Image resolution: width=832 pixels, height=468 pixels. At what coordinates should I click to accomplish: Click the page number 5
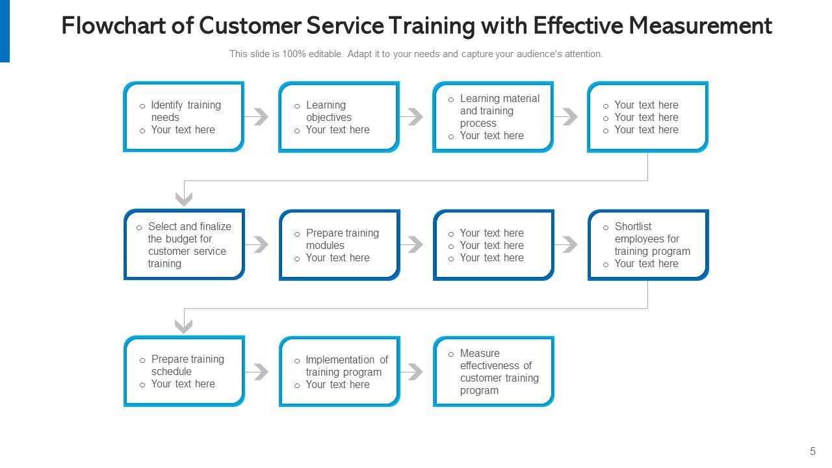(x=812, y=452)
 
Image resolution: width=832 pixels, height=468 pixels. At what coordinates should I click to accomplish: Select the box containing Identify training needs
(x=183, y=117)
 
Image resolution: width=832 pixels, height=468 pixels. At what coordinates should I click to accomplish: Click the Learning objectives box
(x=338, y=117)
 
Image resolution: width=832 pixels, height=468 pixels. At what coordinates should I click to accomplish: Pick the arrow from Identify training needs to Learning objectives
(x=258, y=117)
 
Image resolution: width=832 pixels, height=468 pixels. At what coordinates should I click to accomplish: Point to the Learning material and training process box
(x=493, y=117)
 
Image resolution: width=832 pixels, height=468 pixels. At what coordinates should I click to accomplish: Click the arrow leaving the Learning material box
(x=567, y=117)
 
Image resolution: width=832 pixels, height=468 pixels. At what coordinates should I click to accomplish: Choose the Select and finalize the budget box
(x=184, y=244)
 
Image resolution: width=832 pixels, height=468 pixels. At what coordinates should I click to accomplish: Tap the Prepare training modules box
(x=339, y=244)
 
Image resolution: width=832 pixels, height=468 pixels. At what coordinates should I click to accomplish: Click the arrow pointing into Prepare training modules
(x=258, y=245)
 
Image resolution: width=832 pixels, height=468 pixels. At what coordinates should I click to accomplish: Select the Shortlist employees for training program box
(x=647, y=244)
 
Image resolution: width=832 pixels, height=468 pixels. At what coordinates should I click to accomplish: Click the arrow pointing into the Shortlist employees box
(x=567, y=245)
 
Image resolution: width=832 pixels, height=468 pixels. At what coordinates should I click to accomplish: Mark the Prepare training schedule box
(x=184, y=371)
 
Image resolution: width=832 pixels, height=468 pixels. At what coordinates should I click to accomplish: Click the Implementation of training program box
(x=339, y=371)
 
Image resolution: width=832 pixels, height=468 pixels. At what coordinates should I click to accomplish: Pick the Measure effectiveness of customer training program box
(x=493, y=371)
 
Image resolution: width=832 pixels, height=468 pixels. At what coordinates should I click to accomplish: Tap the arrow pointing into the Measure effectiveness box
(x=413, y=372)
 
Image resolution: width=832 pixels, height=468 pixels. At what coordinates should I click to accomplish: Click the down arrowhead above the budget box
(x=185, y=198)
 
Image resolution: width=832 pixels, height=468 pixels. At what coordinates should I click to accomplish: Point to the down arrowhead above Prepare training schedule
(x=185, y=326)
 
